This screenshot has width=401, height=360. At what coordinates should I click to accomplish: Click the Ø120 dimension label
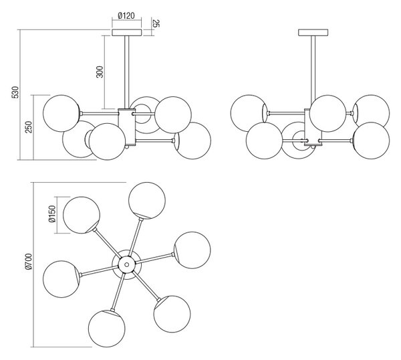126,15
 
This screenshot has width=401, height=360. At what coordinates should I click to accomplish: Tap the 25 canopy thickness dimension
156,23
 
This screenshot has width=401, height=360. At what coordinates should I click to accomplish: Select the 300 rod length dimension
100,72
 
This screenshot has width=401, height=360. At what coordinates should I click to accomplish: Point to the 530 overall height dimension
15,92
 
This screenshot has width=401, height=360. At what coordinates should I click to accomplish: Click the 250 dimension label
29,127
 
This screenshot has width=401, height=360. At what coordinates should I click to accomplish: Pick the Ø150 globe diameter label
52,214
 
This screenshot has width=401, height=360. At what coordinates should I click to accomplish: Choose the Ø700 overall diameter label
28,262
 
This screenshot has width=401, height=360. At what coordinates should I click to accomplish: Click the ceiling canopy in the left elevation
127,33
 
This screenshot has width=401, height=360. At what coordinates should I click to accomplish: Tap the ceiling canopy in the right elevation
313,33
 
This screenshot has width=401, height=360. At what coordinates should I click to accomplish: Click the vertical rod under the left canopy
127,72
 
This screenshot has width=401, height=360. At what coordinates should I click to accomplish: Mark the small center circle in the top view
126,264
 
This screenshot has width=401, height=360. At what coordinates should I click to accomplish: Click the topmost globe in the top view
147,201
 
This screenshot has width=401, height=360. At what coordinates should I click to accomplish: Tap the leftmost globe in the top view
61,279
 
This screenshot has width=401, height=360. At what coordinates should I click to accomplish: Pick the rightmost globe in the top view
192,250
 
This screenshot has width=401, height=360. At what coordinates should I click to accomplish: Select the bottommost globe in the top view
107,329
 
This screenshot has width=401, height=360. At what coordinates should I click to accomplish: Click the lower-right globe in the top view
172,314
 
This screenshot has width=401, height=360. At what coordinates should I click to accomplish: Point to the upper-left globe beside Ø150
82,215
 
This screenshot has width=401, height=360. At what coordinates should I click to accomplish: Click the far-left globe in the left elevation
61,114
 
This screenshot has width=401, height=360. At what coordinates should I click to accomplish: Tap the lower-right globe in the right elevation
371,141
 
